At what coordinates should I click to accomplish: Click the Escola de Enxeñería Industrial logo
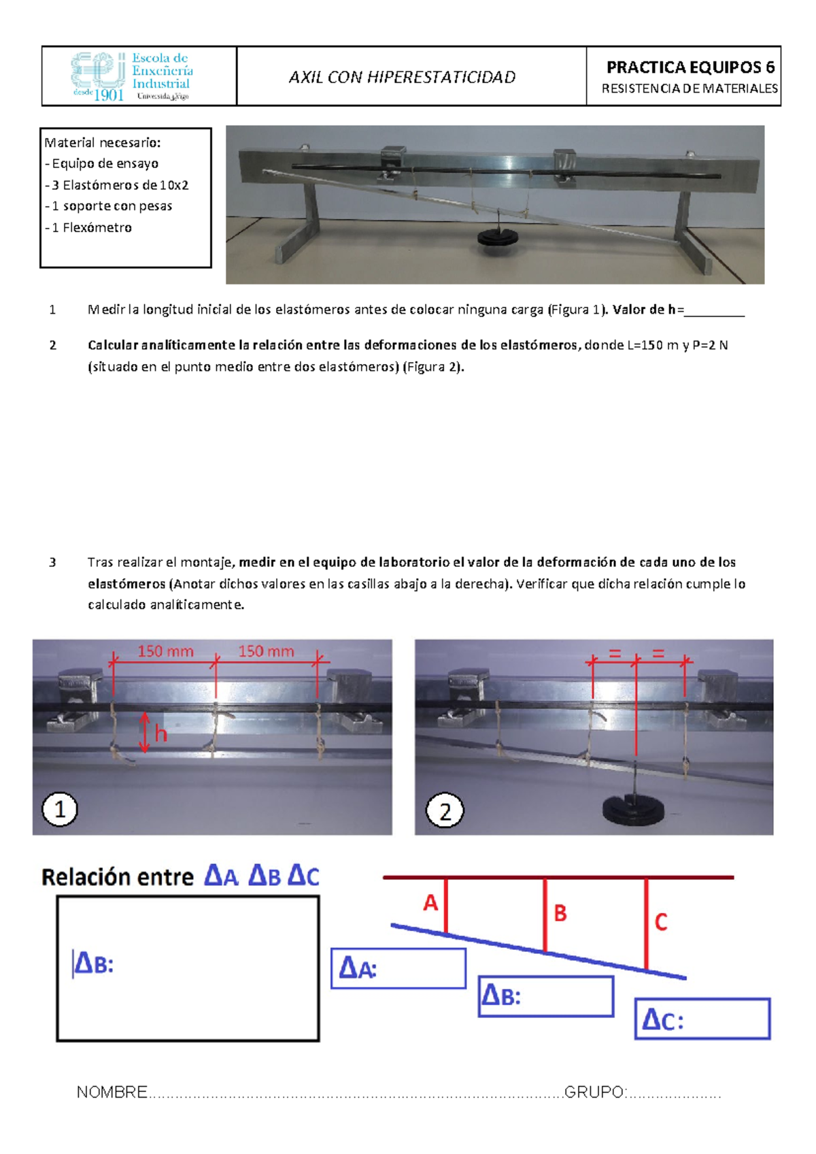133,76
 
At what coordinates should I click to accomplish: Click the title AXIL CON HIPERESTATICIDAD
402,77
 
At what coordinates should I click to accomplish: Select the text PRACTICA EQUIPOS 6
690,67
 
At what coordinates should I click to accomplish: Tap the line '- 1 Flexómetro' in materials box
88,227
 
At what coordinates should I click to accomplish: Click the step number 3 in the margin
52,562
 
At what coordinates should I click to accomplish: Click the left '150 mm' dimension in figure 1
165,651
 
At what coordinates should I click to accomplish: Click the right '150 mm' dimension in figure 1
266,651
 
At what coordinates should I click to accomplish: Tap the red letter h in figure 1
160,733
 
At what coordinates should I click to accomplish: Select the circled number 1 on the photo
60,810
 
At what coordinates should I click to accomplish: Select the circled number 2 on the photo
445,811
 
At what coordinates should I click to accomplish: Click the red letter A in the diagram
430,903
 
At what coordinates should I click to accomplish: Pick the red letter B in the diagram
560,913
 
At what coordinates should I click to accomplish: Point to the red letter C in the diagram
660,923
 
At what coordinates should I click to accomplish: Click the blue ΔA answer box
398,968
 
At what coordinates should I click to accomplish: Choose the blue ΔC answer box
702,1019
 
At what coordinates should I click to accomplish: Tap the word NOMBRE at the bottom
112,1092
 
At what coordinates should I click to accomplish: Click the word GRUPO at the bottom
594,1092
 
